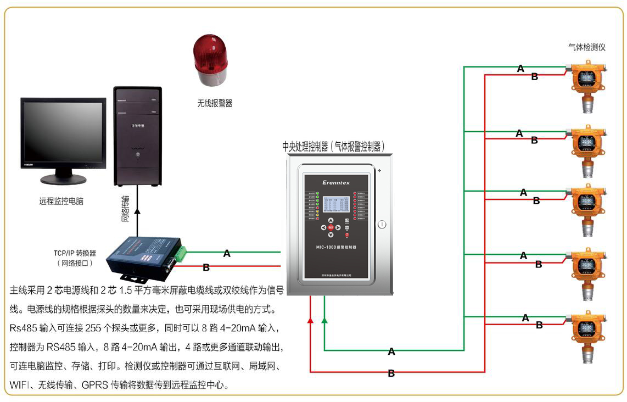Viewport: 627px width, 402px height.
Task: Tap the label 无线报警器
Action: [215, 103]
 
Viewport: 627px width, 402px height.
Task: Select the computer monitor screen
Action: [63, 132]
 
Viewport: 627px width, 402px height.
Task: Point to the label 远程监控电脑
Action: [61, 201]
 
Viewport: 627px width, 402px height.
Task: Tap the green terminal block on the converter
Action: [181, 252]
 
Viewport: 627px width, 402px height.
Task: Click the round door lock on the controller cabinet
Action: [382, 224]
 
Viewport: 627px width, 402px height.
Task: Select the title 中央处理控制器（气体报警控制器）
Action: [333, 147]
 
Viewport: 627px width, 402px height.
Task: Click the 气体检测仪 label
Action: [587, 47]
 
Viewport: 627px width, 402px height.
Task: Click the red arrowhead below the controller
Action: [310, 320]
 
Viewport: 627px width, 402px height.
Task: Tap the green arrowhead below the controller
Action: [324, 319]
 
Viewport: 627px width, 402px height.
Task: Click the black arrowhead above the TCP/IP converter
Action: [137, 210]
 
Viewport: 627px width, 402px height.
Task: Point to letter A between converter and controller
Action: [227, 254]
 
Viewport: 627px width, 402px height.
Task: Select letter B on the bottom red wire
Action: [391, 373]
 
